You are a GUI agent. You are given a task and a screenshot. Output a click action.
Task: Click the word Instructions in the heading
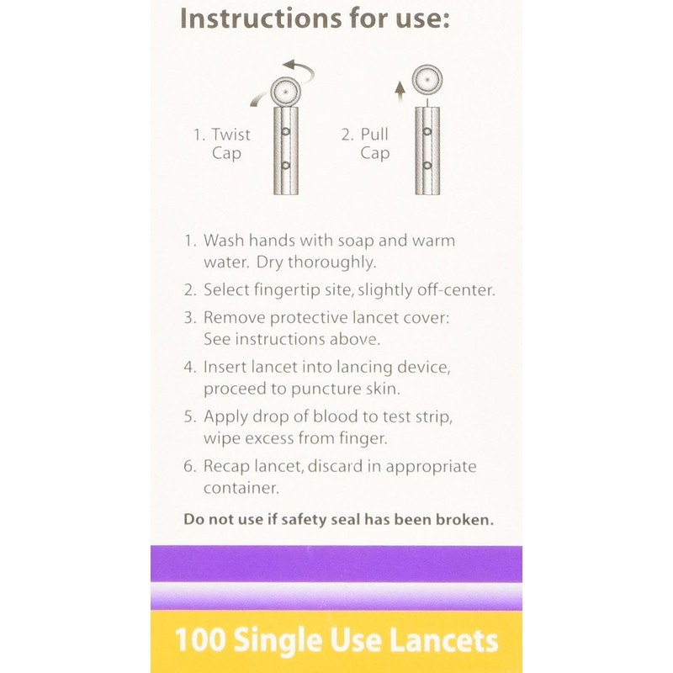[252, 18]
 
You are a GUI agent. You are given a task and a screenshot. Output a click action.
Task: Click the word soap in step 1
[347, 241]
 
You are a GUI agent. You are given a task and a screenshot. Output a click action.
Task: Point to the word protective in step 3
[299, 318]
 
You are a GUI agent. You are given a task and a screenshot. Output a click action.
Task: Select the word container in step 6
[241, 487]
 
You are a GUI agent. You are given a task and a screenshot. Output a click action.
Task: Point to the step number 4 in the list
[190, 368]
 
